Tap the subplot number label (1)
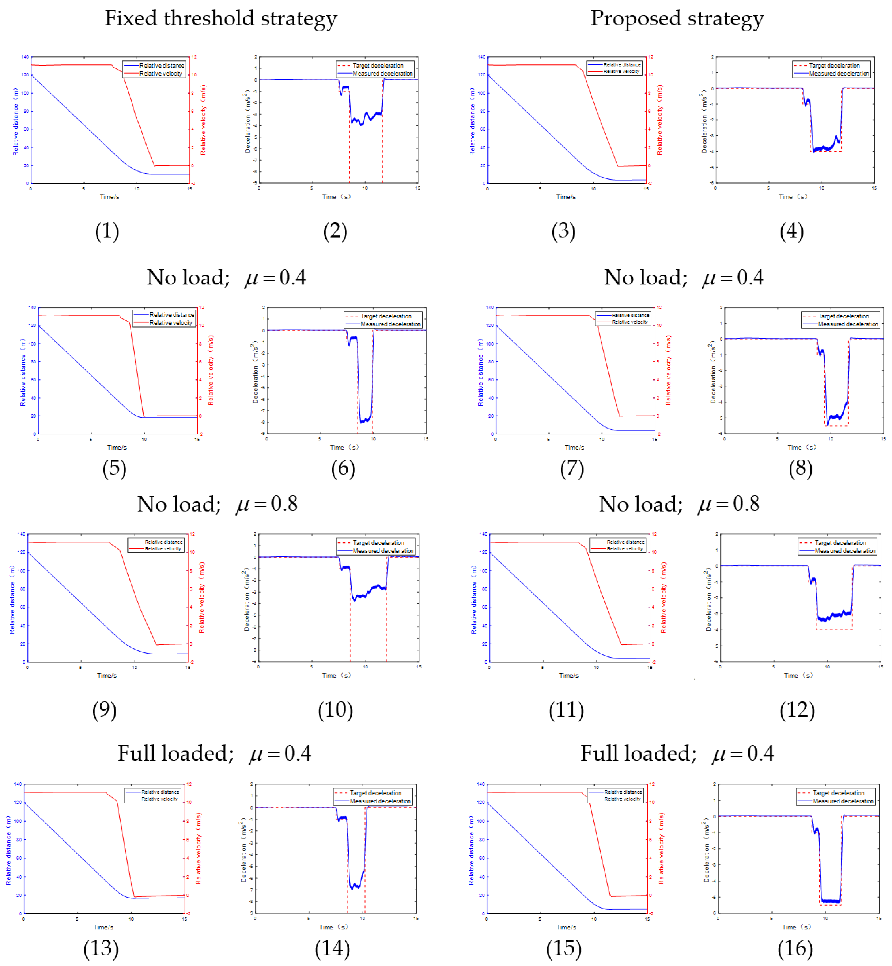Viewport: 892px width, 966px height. tap(107, 231)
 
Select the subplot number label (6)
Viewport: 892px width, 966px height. tap(343, 468)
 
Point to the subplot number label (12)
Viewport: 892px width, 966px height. tap(797, 710)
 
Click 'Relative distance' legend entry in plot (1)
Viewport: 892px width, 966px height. tap(161, 65)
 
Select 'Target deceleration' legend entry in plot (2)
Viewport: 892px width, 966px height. tap(377, 65)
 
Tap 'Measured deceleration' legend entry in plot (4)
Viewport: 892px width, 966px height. tap(838, 73)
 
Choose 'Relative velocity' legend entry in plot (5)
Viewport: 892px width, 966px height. tap(170, 322)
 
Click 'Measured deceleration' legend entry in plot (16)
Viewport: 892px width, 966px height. tap(842, 801)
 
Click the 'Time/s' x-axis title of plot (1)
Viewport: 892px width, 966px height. tap(109, 196)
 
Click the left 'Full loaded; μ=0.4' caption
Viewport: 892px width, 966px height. tap(214, 753)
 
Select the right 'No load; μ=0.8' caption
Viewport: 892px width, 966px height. tap(679, 504)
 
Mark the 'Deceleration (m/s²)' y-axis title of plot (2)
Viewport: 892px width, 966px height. tap(248, 121)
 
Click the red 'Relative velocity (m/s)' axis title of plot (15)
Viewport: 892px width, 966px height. tap(661, 848)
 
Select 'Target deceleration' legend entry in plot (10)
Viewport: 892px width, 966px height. tap(378, 543)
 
